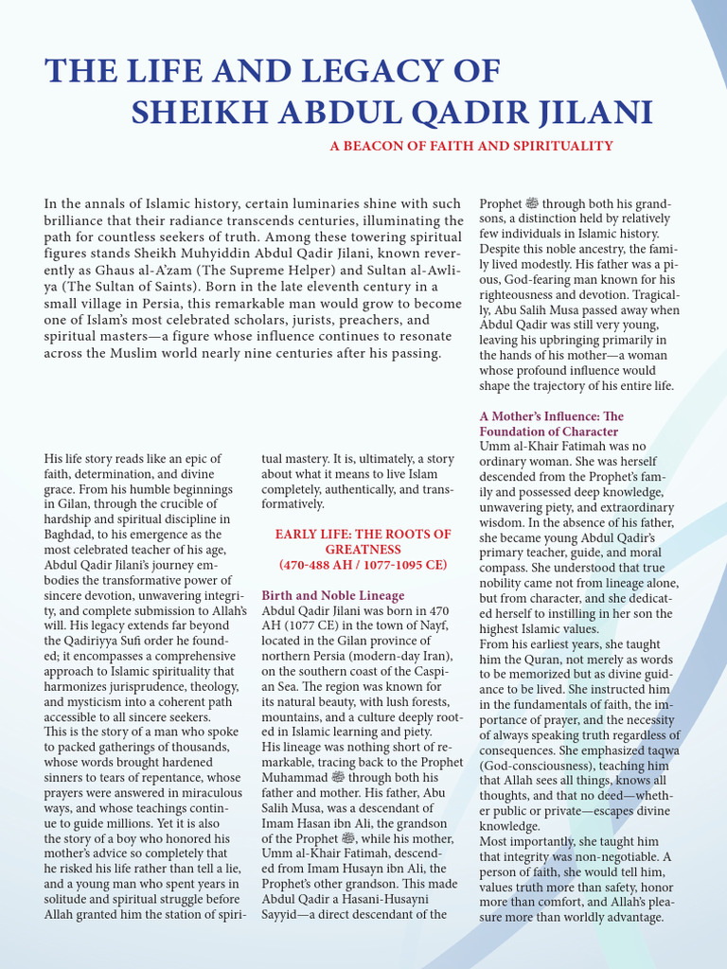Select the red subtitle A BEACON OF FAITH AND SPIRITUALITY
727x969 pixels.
(471, 146)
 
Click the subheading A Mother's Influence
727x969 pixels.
(552, 416)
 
